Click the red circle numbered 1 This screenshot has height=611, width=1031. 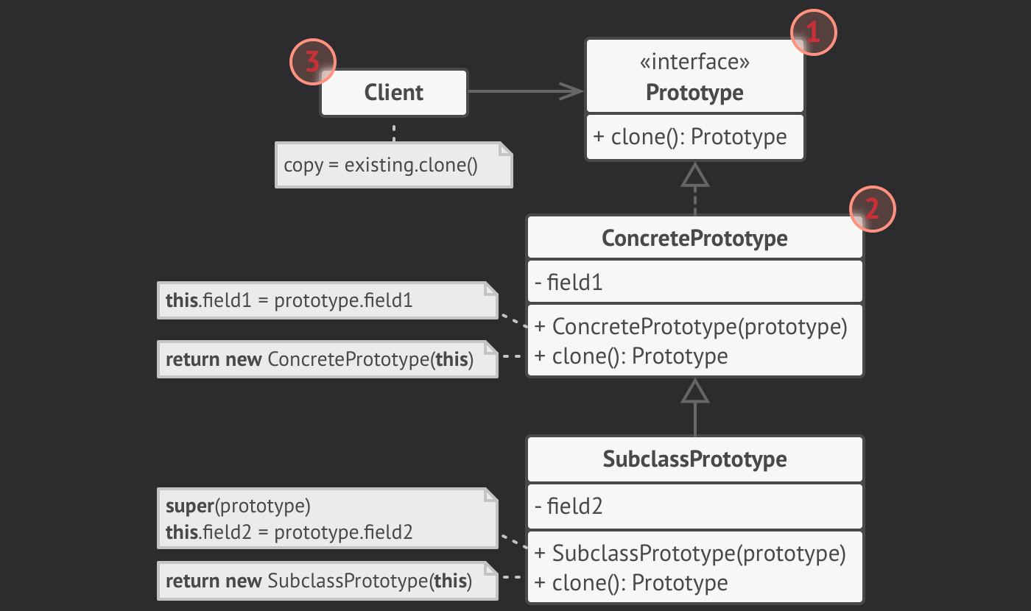[x=813, y=32]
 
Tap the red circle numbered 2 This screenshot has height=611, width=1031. [x=872, y=210]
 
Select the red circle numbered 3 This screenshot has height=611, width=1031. [x=313, y=62]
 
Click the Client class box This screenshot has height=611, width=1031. [x=394, y=93]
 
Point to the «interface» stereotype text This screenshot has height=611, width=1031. [x=694, y=63]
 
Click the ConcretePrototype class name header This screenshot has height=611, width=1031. [x=694, y=239]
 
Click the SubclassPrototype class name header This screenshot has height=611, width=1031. [x=694, y=459]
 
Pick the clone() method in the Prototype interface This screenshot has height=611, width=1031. [x=689, y=137]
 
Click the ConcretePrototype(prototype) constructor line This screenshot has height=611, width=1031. [x=691, y=326]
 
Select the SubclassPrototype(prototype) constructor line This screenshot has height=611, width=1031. [x=691, y=553]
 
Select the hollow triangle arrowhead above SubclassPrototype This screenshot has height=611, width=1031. [x=694, y=392]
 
